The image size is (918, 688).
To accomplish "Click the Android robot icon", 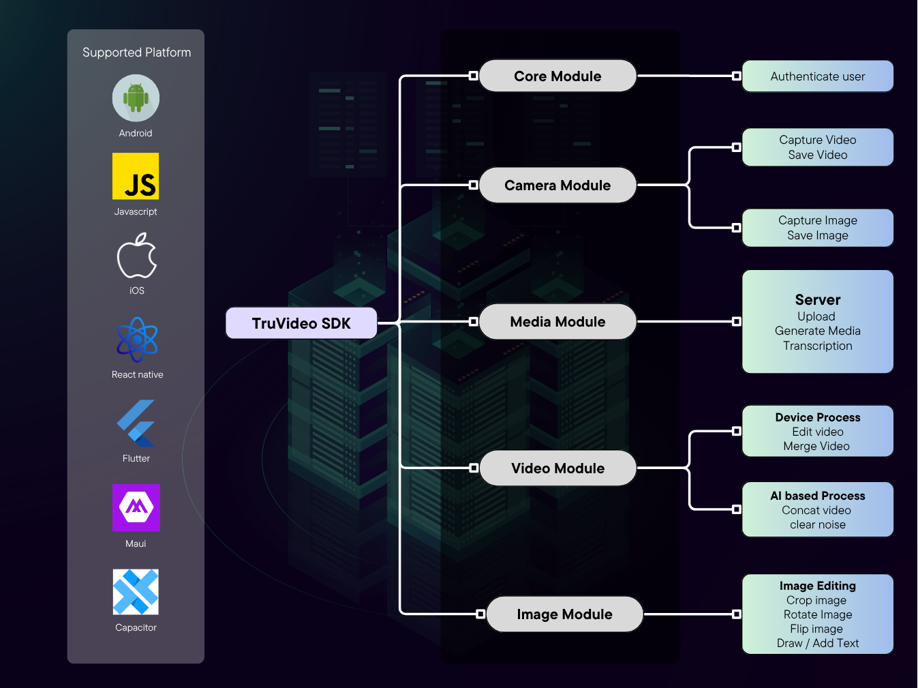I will click(136, 98).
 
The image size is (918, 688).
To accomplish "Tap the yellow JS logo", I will click(136, 176).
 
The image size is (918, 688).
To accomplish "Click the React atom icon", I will click(137, 339).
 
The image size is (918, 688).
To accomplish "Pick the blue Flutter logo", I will click(136, 423).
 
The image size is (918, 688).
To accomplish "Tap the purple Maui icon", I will click(136, 507).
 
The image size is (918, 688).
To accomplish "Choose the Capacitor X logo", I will click(136, 592).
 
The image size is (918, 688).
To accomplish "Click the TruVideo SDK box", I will click(301, 323).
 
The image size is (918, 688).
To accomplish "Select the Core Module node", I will click(557, 76).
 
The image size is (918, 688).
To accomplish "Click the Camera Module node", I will click(557, 185).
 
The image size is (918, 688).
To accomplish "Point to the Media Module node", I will click(557, 322).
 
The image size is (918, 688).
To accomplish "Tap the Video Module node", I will click(557, 468).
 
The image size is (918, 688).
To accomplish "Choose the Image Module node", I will click(564, 614).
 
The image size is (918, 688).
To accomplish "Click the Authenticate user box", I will click(818, 76).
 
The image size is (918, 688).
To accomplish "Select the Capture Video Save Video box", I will click(818, 147).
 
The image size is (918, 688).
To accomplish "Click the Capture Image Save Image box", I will click(818, 228).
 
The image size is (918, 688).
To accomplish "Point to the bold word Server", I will click(818, 300).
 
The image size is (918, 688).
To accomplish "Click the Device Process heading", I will click(818, 417).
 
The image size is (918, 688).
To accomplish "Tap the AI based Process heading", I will click(818, 496).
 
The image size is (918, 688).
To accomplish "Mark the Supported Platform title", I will click(137, 53).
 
